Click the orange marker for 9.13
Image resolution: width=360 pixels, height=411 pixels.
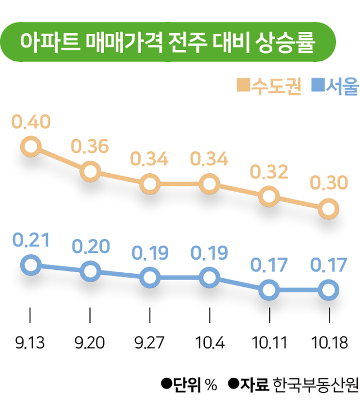pos(30,148)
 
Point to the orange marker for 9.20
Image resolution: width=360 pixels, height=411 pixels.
pos(90,171)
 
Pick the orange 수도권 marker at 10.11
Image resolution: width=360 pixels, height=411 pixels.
pos(269,196)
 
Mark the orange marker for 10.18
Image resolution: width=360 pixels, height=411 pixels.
pos(328,209)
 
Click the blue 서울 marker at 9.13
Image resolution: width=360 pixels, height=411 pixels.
pos(30,264)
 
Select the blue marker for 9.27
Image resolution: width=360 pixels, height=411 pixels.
pos(150,277)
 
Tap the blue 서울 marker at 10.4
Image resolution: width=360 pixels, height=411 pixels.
pos(209,277)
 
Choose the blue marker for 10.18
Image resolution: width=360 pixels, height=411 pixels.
pos(328,290)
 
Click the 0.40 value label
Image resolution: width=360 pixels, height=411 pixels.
pos(31,122)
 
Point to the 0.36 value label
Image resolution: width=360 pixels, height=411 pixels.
pos(90,146)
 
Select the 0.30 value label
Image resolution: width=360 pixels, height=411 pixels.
pos(328,183)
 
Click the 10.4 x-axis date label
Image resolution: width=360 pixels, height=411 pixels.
pos(209,342)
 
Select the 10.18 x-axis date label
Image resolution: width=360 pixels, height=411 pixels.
pos(328,342)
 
